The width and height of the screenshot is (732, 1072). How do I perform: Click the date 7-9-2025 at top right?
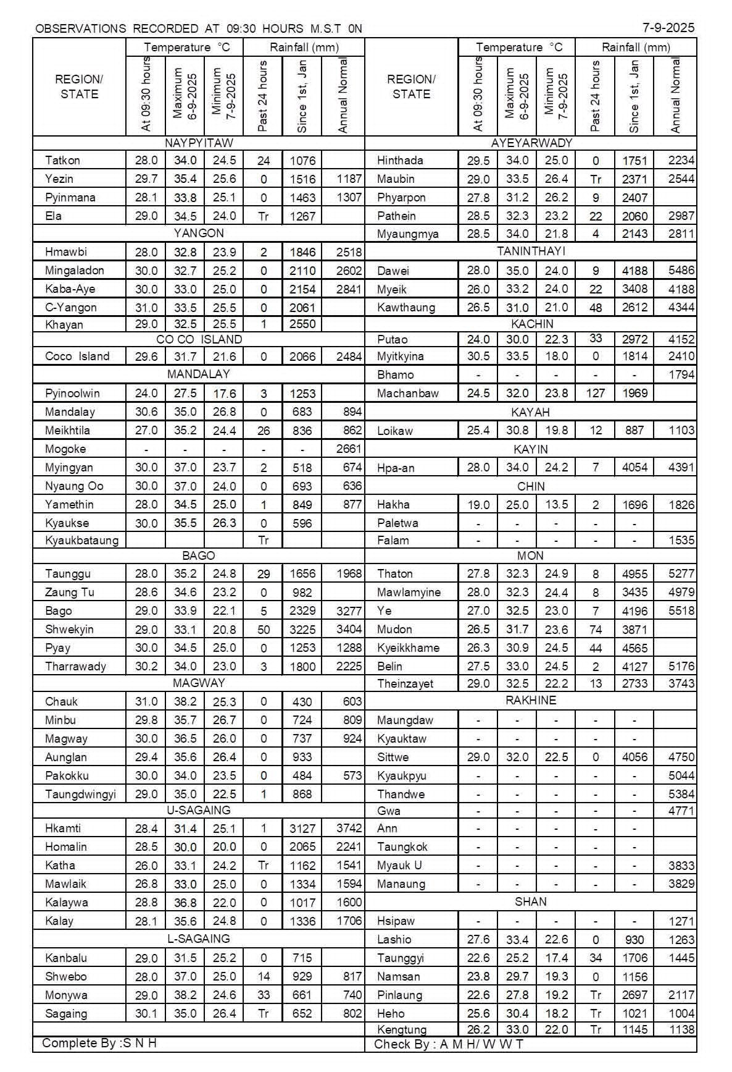pyautogui.click(x=668, y=27)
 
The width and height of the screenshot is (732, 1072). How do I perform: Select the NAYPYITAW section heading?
pyautogui.click(x=199, y=143)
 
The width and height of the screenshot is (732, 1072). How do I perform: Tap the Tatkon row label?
pyautogui.click(x=62, y=161)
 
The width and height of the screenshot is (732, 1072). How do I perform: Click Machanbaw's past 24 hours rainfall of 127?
pyautogui.click(x=595, y=394)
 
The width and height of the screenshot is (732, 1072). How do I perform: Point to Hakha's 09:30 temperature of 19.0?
pyautogui.click(x=478, y=505)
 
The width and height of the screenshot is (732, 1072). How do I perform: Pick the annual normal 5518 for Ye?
pyautogui.click(x=681, y=611)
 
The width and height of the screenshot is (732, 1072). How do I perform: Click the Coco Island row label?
pyautogui.click(x=77, y=357)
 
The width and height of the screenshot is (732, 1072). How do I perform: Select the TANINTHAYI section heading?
pyautogui.click(x=531, y=251)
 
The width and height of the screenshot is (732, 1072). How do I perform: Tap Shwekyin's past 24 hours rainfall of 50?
pyautogui.click(x=264, y=630)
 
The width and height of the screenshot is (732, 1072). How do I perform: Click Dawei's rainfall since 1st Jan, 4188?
pyautogui.click(x=634, y=271)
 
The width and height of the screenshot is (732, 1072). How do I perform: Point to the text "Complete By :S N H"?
pyautogui.click(x=99, y=1044)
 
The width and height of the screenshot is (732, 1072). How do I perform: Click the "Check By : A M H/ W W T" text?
pyautogui.click(x=449, y=1045)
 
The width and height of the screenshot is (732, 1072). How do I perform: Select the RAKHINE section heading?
pyautogui.click(x=531, y=701)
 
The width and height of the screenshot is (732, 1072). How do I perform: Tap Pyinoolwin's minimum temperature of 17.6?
pyautogui.click(x=224, y=394)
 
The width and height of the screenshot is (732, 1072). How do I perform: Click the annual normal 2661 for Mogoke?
pyautogui.click(x=349, y=449)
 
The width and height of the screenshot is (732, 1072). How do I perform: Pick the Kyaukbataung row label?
pyautogui.click(x=81, y=541)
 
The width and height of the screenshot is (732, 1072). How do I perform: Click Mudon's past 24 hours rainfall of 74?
pyautogui.click(x=595, y=630)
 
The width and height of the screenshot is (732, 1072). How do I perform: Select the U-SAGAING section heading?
pyautogui.click(x=199, y=810)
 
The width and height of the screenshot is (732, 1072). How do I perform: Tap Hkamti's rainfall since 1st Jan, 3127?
pyautogui.click(x=302, y=829)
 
